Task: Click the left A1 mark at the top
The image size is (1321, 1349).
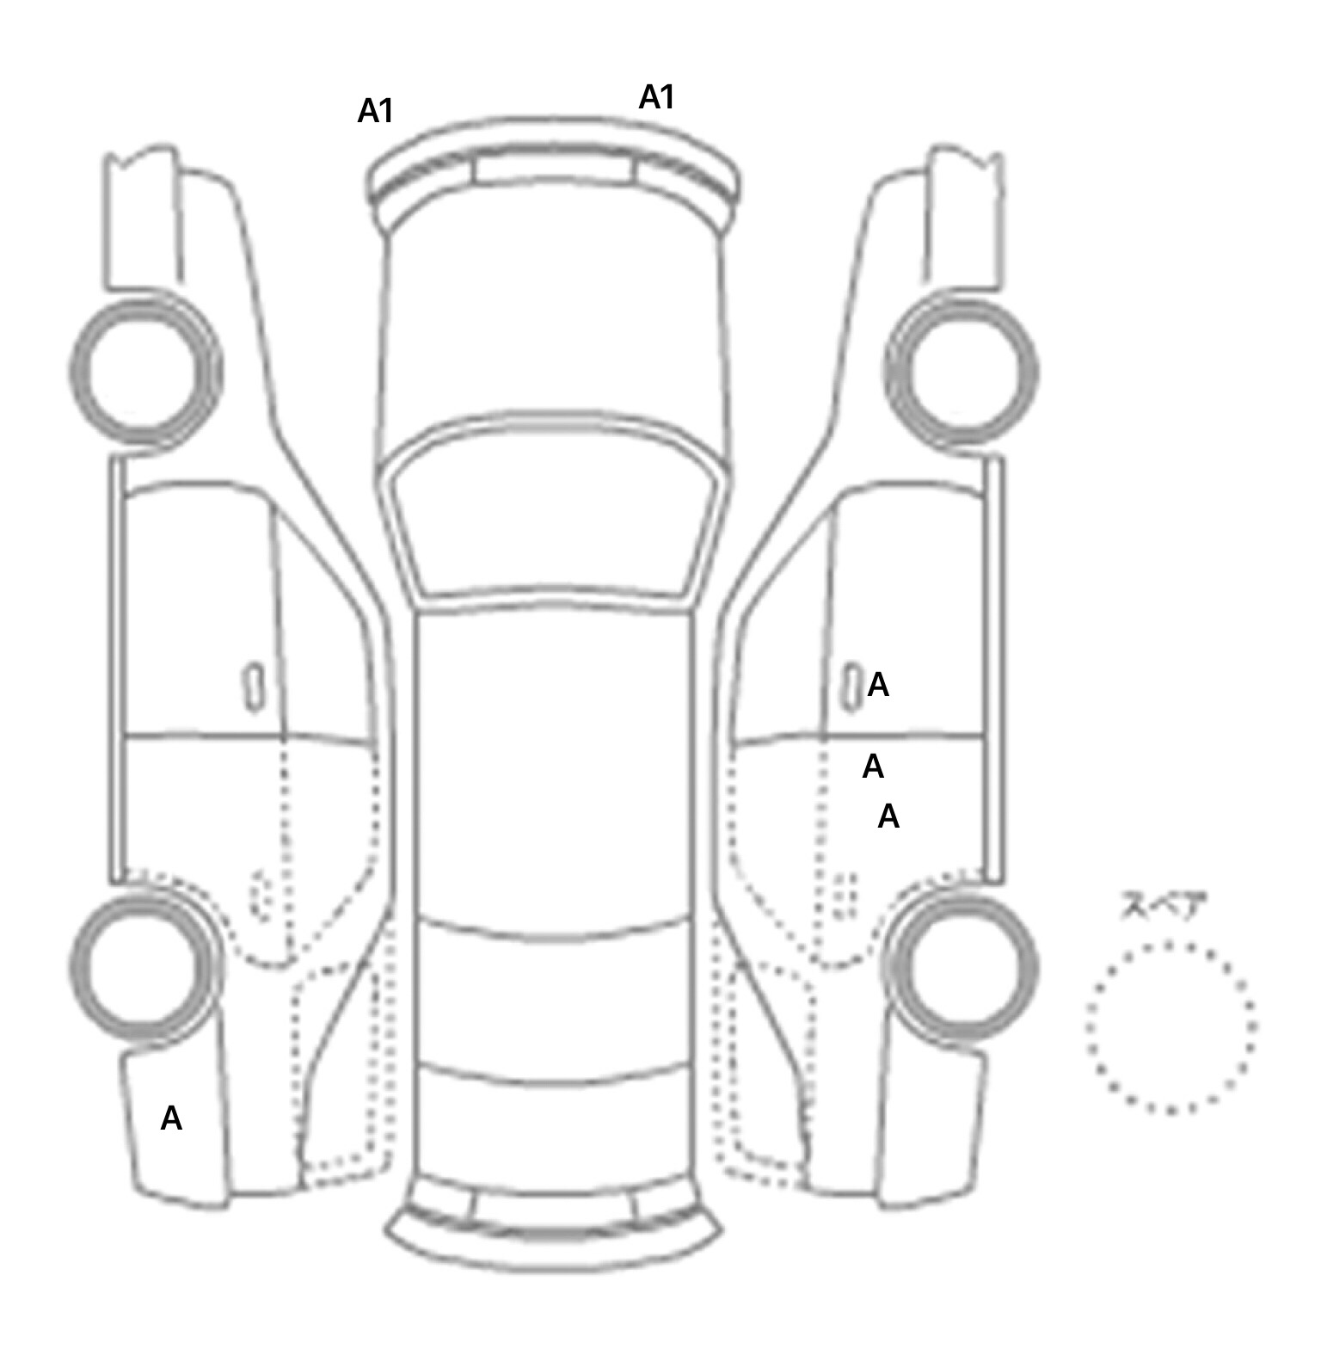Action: [375, 111]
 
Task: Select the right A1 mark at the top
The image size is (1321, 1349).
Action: [656, 97]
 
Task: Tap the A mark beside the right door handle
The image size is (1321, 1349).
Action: [878, 685]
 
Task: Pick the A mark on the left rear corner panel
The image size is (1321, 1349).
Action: [171, 1118]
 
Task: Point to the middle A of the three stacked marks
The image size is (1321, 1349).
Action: [873, 766]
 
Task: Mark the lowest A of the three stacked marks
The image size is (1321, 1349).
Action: [888, 816]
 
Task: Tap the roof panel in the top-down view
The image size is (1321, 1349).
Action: [556, 766]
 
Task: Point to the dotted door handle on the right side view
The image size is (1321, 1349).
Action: [846, 896]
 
